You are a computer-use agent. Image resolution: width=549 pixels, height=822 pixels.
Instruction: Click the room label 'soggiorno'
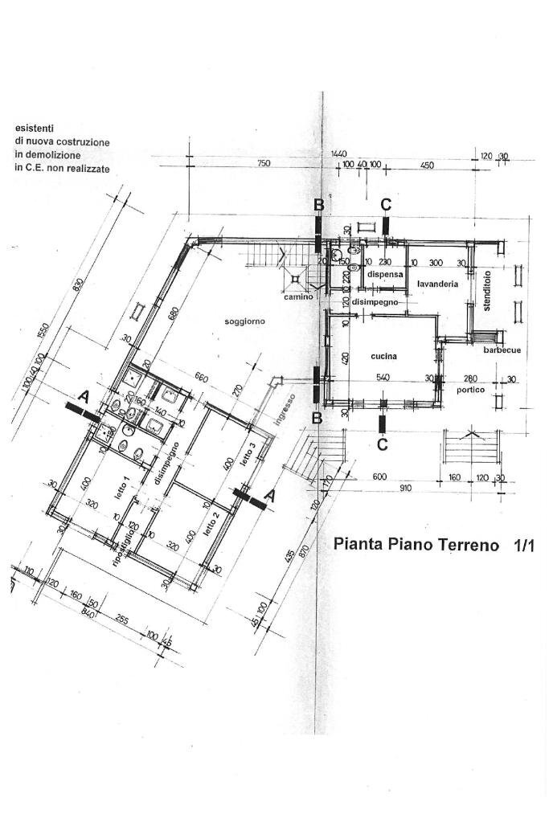245,321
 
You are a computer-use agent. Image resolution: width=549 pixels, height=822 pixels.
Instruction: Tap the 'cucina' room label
386,357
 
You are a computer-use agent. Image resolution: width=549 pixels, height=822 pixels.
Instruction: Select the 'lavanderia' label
437,284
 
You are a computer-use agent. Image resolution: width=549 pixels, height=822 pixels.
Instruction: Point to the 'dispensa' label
384,274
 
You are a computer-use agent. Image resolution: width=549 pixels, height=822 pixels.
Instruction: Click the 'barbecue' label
502,350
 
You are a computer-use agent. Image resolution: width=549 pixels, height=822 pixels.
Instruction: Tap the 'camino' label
297,296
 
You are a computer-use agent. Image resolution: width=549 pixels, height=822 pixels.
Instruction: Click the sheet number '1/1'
523,545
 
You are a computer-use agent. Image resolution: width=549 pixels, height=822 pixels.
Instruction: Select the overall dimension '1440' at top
338,153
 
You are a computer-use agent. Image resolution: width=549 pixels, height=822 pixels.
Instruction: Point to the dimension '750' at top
264,163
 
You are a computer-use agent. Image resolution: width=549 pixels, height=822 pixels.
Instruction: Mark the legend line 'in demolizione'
50,155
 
